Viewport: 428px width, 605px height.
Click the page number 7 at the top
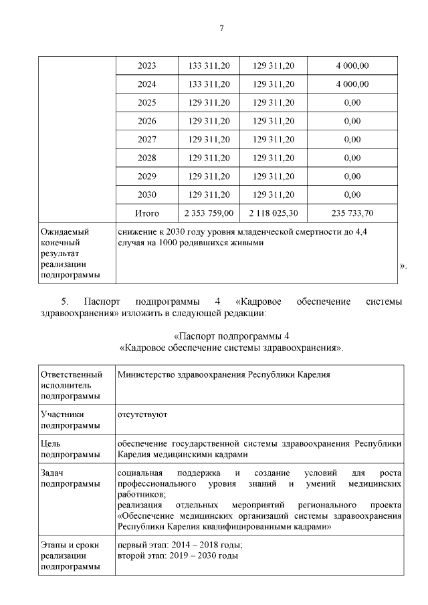tap(221, 28)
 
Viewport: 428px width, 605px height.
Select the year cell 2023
tap(146, 66)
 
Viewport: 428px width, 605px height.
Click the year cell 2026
tap(146, 121)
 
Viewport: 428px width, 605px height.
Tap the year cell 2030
tap(146, 195)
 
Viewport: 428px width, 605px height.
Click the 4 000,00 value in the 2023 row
tap(352, 66)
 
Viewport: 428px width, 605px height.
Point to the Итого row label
tap(146, 214)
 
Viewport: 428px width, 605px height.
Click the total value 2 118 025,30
tap(274, 214)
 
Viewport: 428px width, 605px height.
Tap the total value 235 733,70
tap(352, 214)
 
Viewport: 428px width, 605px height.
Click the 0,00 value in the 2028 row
tap(352, 158)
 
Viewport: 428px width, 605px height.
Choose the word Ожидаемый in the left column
tap(66, 231)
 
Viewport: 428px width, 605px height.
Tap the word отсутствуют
tap(142, 414)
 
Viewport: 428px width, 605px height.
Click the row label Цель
tap(51, 443)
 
